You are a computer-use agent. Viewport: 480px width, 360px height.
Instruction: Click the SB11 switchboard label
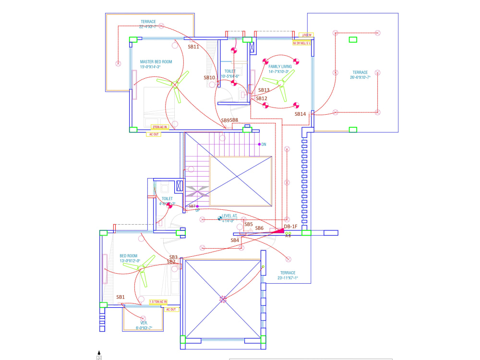(x=193, y=47)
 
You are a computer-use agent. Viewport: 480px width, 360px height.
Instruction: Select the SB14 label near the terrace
(x=300, y=114)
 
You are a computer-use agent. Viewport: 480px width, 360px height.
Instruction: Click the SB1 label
(x=120, y=297)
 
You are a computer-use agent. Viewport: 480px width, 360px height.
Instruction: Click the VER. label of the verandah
(x=144, y=323)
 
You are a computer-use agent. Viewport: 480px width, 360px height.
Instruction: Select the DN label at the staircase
(x=264, y=144)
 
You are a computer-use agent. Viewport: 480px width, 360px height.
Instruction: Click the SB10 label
(x=209, y=77)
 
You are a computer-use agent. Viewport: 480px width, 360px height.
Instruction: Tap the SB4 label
(x=235, y=240)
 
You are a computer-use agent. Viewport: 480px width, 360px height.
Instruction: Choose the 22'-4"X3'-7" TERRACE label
(x=148, y=24)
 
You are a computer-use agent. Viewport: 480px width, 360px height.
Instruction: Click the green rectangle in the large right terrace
(x=353, y=39)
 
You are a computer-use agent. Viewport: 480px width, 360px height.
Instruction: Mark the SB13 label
(x=264, y=90)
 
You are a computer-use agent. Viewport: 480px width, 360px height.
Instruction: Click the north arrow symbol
(x=99, y=355)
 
